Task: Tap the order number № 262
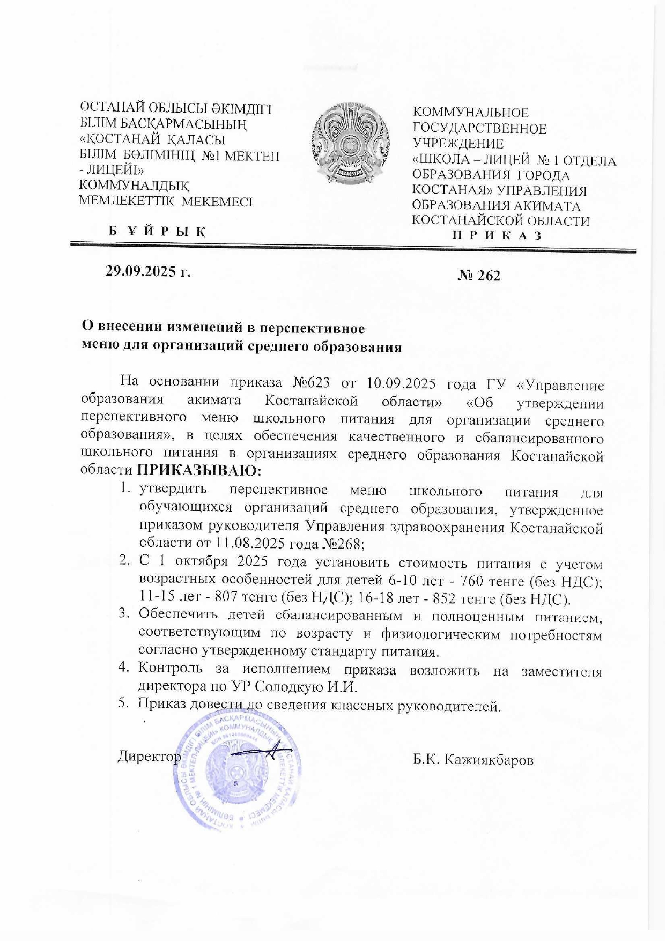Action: (479, 276)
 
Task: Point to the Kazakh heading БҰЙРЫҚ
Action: (158, 232)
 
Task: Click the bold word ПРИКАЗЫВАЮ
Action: (198, 470)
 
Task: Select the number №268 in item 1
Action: (342, 543)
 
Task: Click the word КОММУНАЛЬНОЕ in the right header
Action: (470, 113)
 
